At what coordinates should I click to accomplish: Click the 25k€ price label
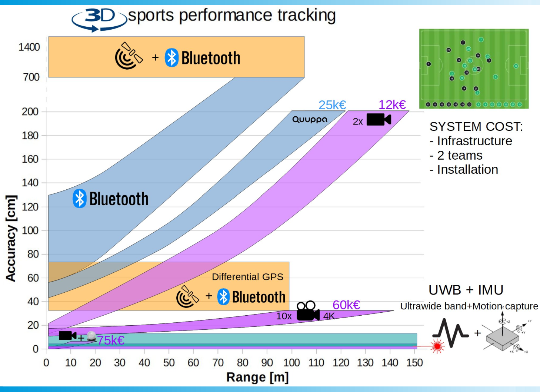tap(332, 105)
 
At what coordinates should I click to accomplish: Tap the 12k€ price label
tap(392, 105)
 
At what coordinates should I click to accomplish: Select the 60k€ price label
tap(346, 305)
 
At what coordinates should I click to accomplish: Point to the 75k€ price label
tap(111, 340)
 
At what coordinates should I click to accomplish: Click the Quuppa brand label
tap(310, 119)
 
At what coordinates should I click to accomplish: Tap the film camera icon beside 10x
tap(308, 311)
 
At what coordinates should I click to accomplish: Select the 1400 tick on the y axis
tap(29, 47)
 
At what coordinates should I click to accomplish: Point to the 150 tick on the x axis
tap(414, 363)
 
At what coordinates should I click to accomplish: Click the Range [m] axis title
tap(257, 377)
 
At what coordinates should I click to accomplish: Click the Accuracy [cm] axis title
tap(11, 238)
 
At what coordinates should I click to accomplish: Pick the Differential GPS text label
tap(247, 277)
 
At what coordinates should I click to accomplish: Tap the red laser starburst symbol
tap(437, 346)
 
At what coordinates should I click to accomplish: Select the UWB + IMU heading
tap(466, 290)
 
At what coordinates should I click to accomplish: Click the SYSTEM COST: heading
tap(476, 127)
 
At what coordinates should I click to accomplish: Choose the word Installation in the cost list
tap(467, 170)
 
